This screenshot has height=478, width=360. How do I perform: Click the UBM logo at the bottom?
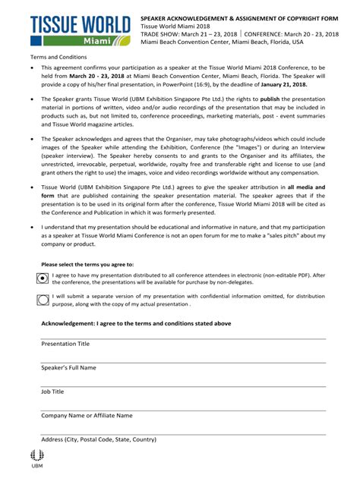click(x=37, y=458)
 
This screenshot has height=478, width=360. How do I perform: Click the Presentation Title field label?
click(x=65, y=344)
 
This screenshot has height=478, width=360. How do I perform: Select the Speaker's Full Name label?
click(x=68, y=368)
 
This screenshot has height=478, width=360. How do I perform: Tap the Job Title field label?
click(x=52, y=392)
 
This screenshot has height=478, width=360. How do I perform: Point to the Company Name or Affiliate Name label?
click(x=87, y=416)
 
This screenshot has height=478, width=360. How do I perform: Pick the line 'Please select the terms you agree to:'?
click(x=87, y=263)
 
